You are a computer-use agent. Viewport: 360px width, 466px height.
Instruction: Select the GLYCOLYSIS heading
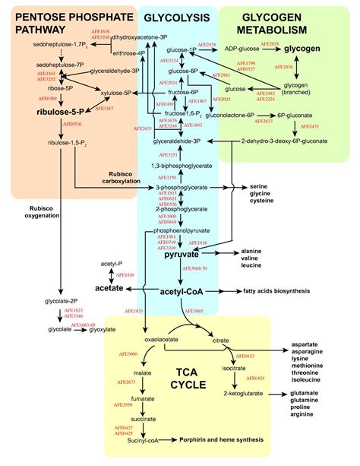(x=178, y=16)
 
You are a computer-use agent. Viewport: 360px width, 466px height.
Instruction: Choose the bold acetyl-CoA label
(x=181, y=292)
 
